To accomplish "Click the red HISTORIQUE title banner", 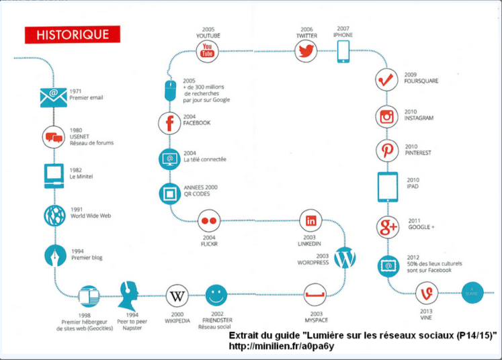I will click(x=72, y=34).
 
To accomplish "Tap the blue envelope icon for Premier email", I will click(x=53, y=98).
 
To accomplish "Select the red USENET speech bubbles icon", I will click(x=53, y=137).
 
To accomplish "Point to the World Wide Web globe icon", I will click(x=53, y=215).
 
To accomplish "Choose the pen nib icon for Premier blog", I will click(x=53, y=255).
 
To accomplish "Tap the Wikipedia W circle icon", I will click(x=177, y=296).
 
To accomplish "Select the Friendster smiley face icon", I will click(x=216, y=295).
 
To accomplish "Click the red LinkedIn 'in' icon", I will click(x=310, y=220).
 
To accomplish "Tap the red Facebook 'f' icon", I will click(x=169, y=123).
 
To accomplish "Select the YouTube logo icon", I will click(x=208, y=50).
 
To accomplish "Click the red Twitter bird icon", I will click(x=306, y=50).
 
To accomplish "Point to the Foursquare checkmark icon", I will click(x=386, y=80).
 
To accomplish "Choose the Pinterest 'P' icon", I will click(x=387, y=150).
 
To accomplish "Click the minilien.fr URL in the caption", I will click(x=282, y=347).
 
